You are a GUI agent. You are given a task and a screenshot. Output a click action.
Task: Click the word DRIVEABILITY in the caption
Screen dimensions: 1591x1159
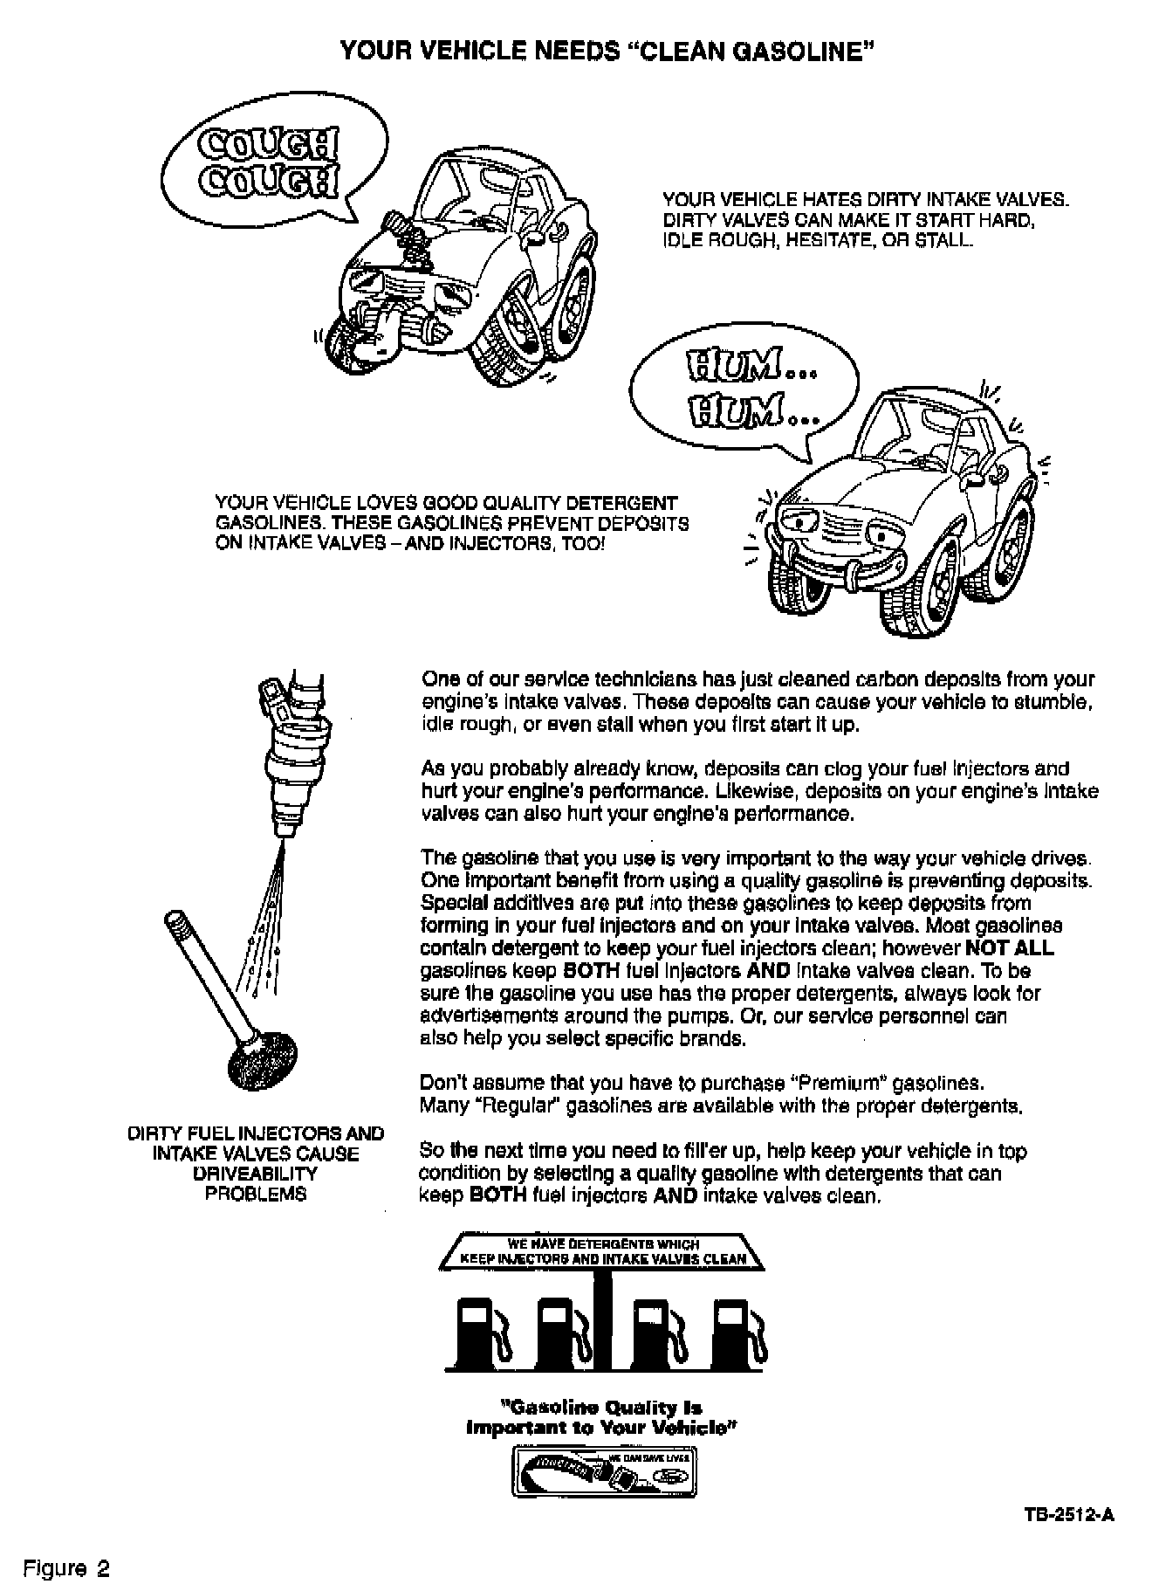(256, 1174)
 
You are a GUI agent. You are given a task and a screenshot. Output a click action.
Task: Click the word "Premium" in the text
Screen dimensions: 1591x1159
(839, 1084)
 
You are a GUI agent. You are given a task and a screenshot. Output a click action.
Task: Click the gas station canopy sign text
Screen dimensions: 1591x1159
(603, 1251)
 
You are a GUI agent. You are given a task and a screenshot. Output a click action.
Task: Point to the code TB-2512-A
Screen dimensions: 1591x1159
(1071, 1515)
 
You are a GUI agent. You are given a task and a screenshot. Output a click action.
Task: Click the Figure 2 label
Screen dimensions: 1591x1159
(67, 1568)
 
